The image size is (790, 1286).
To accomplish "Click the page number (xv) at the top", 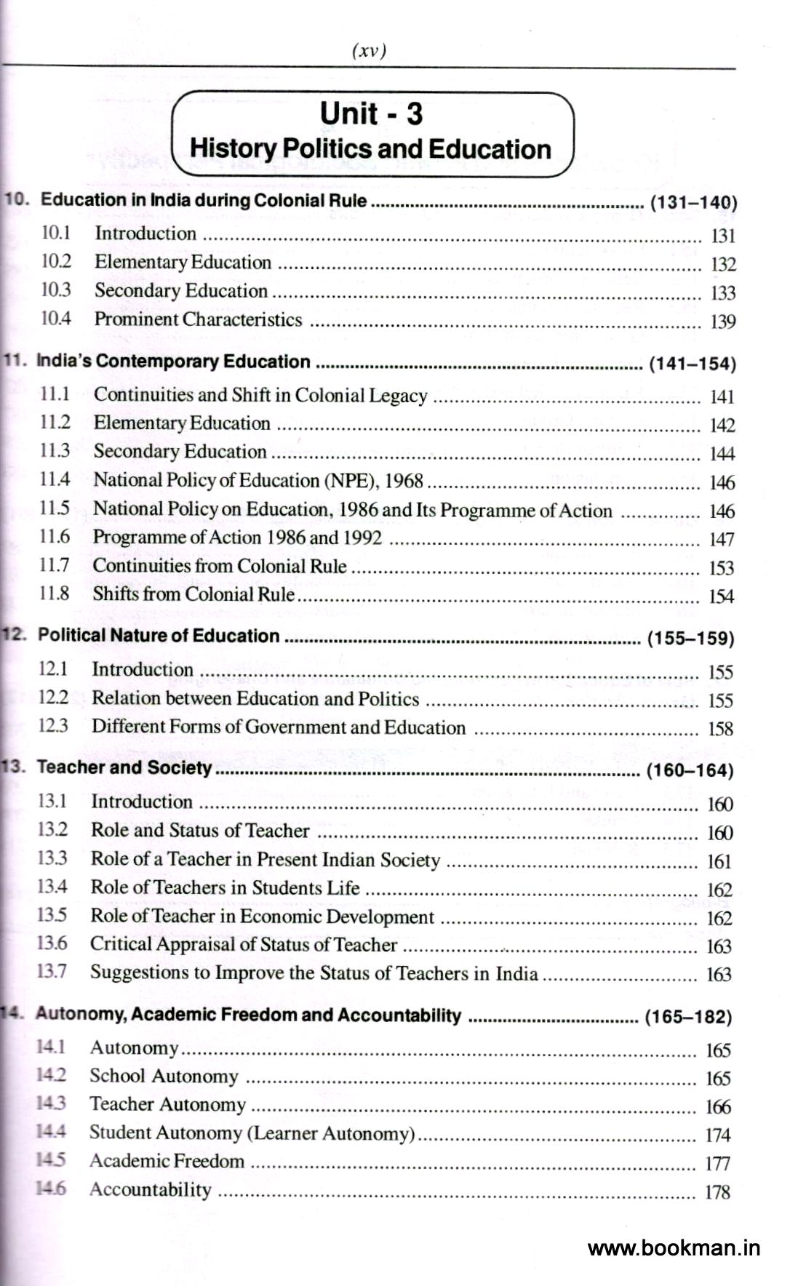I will pos(369,51).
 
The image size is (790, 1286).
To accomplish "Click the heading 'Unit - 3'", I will pos(371,113).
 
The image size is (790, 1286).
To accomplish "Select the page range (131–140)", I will pos(693,202).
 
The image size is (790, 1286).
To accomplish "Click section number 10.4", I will pos(56,319).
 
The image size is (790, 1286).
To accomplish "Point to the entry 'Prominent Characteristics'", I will pos(198,319).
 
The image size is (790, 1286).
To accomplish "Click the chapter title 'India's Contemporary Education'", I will pos(173,362).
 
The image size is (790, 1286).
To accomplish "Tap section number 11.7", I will pos(55,565).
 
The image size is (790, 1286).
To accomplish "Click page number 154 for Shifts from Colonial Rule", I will pos(721,596).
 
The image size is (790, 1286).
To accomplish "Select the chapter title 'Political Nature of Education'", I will pos(159,636).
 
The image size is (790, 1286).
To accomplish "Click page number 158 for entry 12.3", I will pos(720,728).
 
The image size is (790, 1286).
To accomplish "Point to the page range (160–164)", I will pos(689,770).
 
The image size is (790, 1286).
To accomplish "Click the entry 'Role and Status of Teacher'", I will pos(200,831).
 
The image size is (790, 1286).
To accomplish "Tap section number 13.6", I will pos(52,943).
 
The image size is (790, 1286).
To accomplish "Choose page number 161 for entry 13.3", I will pos(719,861).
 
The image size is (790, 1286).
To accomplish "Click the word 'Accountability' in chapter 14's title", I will pos(399,1015).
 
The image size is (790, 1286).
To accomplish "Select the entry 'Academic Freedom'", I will pos(167,1161).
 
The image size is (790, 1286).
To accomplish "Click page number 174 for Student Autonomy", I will pos(717,1135).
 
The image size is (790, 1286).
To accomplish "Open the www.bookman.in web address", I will pos(674,1248).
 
